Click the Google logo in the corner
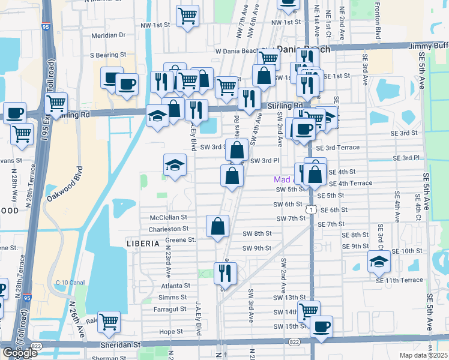pyautogui.click(x=20, y=353)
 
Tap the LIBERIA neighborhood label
pyautogui.click(x=143, y=244)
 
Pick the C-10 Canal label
pyautogui.click(x=68, y=283)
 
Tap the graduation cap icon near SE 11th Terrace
pyautogui.click(x=379, y=260)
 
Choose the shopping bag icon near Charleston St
pyautogui.click(x=218, y=226)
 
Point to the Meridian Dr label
pyautogui.click(x=109, y=35)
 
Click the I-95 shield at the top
pyautogui.click(x=46, y=26)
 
